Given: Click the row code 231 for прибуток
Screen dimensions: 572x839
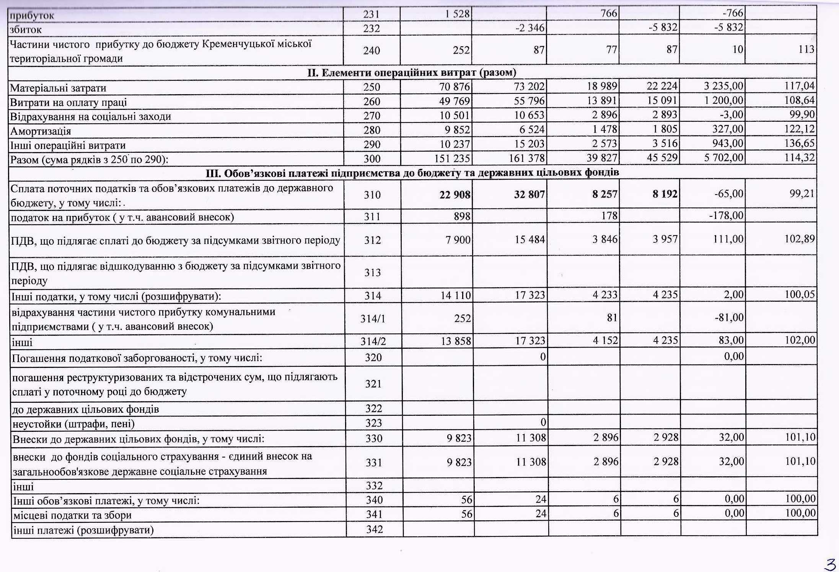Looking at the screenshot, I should pyautogui.click(x=371, y=15).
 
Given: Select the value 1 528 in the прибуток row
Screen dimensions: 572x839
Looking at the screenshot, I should pyautogui.click(x=457, y=14).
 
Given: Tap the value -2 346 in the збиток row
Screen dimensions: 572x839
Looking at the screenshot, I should pyautogui.click(x=529, y=28).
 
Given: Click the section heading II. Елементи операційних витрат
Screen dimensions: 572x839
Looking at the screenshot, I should pyautogui.click(x=412, y=72).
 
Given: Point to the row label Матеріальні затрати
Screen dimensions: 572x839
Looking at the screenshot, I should pyautogui.click(x=58, y=88).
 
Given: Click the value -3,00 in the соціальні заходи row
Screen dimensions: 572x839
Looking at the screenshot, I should pyautogui.click(x=732, y=115).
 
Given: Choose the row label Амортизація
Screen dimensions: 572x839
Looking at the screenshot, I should pyautogui.click(x=41, y=131).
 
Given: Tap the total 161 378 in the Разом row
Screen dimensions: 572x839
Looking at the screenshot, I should pyautogui.click(x=526, y=158).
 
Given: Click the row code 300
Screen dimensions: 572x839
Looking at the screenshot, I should pyautogui.click(x=372, y=159).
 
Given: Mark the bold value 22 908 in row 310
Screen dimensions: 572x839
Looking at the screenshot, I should pyautogui.click(x=455, y=195).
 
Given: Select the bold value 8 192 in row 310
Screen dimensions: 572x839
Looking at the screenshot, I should pyautogui.click(x=665, y=194).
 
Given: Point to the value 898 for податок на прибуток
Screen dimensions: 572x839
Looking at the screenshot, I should pyautogui.click(x=462, y=216).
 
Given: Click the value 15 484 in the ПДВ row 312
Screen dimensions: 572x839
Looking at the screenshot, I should pyautogui.click(x=530, y=240).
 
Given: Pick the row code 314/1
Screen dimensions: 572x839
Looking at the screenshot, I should pyautogui.click(x=373, y=319).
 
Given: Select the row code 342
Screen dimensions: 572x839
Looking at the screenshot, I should pyautogui.click(x=374, y=530).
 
